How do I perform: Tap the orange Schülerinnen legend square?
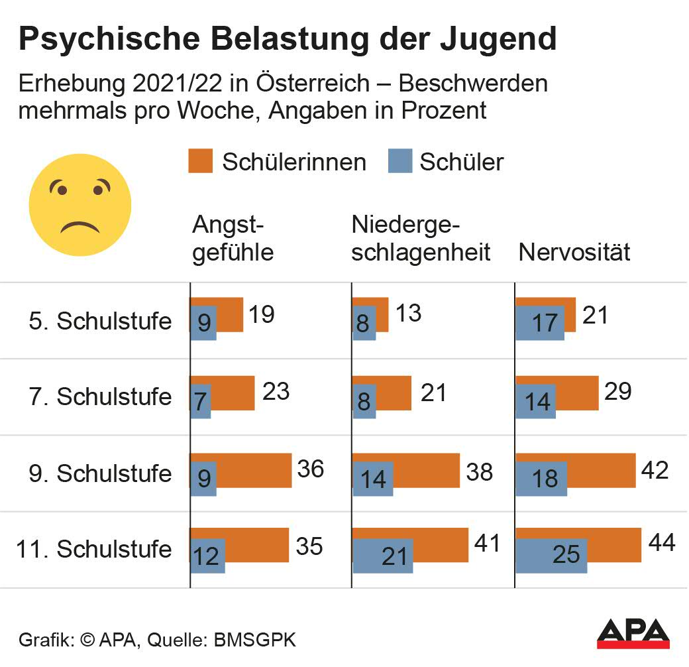(x=200, y=161)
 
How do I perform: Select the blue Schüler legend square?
(x=400, y=161)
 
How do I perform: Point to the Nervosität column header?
(x=574, y=252)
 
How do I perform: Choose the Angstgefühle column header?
(x=233, y=239)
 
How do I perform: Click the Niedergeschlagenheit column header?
(x=421, y=239)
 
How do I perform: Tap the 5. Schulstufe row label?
(x=100, y=321)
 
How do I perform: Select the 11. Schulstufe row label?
(x=93, y=549)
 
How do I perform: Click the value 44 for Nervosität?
(x=661, y=544)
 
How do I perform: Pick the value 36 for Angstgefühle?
(x=310, y=469)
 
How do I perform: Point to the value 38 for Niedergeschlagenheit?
(x=479, y=471)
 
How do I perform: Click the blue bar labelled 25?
(x=551, y=556)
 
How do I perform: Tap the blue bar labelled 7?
(x=201, y=402)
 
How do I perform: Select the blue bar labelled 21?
(x=382, y=556)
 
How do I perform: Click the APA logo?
(x=633, y=634)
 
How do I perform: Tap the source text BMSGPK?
(x=254, y=641)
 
